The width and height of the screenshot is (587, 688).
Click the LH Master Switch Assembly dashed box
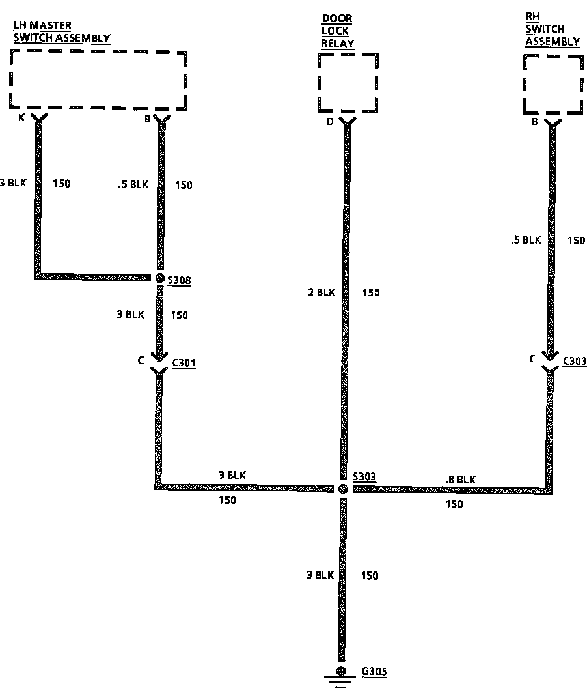(98, 79)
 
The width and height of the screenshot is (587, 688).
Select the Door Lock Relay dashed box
(348, 83)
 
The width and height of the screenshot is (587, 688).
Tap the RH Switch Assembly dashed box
(553, 84)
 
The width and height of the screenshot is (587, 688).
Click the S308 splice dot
(159, 278)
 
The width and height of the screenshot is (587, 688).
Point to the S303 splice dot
(342, 488)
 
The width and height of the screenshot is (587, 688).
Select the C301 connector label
(183, 362)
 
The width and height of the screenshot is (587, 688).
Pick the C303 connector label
(575, 362)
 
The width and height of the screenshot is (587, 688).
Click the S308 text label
(179, 280)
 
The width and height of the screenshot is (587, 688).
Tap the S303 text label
(364, 478)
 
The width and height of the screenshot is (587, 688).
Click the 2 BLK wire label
(321, 293)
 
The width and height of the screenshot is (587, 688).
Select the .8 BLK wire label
(461, 480)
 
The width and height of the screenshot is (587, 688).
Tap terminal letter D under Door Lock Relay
(331, 121)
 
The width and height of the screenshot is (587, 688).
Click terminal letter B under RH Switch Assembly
(534, 122)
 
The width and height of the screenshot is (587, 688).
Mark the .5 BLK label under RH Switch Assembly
(526, 240)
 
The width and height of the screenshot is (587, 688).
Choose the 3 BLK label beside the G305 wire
(320, 575)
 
